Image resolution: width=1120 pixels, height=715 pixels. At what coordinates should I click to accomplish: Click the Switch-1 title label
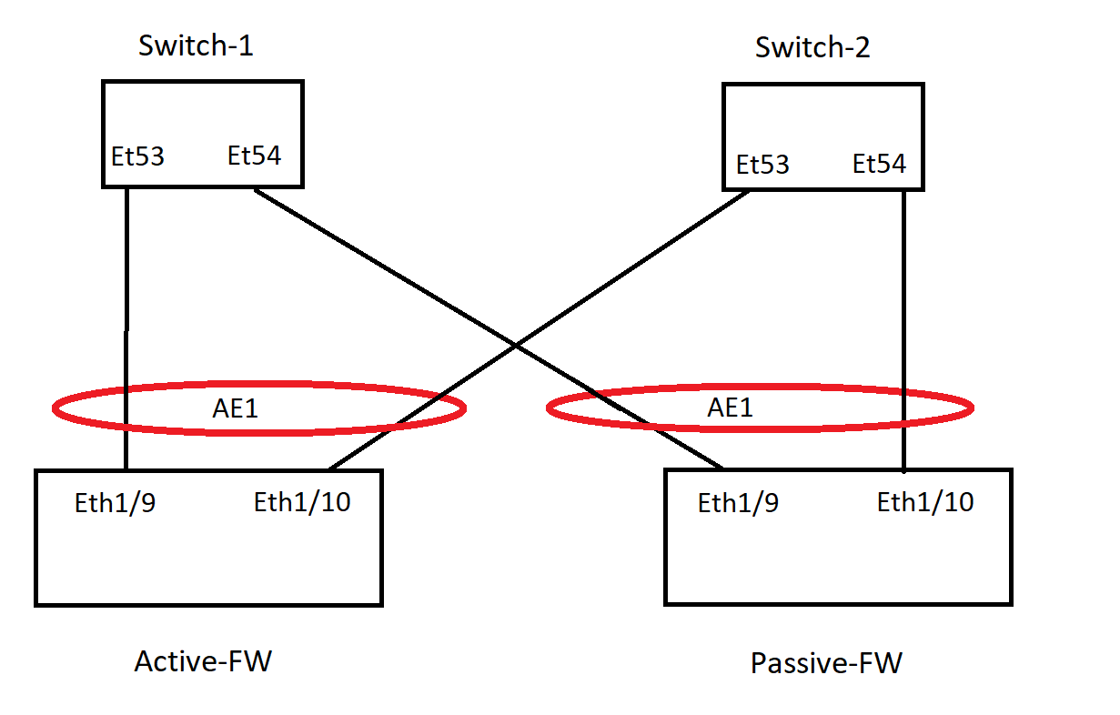(195, 45)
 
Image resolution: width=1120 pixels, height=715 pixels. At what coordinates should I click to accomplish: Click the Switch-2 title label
(812, 47)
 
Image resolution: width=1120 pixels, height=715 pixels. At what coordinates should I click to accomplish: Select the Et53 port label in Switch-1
(137, 157)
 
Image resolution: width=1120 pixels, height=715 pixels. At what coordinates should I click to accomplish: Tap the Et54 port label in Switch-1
(254, 156)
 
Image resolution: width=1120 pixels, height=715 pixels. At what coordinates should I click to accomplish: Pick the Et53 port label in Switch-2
(762, 166)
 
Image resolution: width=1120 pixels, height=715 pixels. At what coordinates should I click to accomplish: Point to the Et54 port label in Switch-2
(879, 165)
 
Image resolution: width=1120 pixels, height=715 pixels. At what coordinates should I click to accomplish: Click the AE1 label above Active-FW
(236, 408)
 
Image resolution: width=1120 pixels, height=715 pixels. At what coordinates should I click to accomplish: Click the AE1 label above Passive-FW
(731, 408)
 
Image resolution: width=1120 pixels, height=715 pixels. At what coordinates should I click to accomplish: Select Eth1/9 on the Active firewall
(115, 503)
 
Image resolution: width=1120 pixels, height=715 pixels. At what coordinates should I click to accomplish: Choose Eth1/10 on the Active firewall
(302, 502)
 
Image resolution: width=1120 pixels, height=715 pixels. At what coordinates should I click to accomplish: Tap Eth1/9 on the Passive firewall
(738, 503)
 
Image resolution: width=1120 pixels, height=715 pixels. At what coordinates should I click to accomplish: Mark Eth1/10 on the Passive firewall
(925, 502)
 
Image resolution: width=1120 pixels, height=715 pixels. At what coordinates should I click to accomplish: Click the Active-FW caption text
(203, 661)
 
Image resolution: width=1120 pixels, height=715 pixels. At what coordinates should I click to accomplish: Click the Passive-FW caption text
(826, 663)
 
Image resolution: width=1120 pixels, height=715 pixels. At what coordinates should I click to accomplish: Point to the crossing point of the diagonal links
(516, 347)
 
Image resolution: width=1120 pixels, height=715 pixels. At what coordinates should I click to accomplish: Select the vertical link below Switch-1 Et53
(126, 273)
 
